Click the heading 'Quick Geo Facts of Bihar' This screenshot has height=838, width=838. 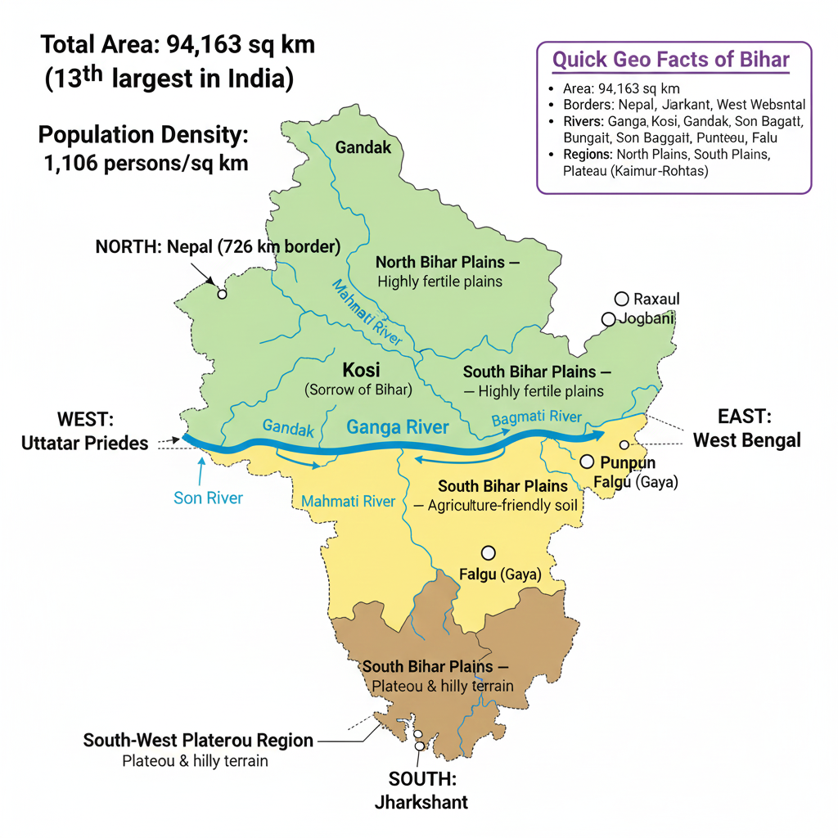coord(670,60)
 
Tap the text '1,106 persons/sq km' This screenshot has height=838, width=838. coord(146,163)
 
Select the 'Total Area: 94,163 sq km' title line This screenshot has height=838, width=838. coord(178,44)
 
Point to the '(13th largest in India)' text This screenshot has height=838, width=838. coord(168,80)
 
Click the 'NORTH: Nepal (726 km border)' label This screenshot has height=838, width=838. coord(218,246)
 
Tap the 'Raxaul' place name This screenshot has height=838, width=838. coord(656,299)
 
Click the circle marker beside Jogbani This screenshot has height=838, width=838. coord(608,319)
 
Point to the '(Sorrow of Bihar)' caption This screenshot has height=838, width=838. coord(358,390)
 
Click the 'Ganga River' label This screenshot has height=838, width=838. coord(398,426)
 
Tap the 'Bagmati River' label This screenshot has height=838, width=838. coord(536,418)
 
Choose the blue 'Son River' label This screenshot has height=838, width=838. coord(208,498)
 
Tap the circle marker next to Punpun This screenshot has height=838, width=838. coord(587,462)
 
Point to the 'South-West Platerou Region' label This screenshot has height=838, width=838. coord(198,741)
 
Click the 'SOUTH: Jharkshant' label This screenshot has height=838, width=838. coord(421,790)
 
